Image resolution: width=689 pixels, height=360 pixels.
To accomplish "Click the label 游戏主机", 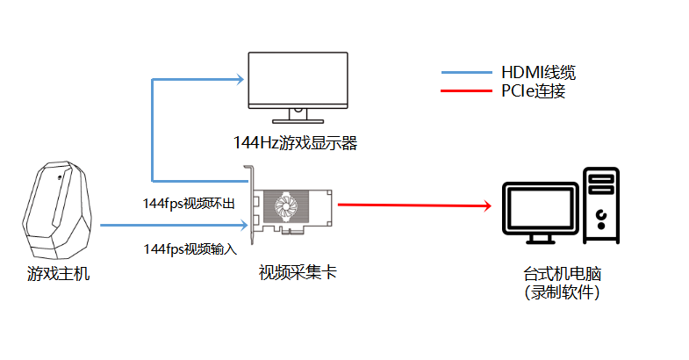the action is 59,273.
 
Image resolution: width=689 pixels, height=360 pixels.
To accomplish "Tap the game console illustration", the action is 57,210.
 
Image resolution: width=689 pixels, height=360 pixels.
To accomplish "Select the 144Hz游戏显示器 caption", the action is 295,143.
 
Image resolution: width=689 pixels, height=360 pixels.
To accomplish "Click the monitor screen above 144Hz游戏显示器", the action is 298,80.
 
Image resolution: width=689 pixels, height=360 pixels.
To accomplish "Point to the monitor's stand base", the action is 298,121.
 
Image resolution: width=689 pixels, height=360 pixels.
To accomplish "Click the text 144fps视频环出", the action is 189,204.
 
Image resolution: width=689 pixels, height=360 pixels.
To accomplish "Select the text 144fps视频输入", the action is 190,249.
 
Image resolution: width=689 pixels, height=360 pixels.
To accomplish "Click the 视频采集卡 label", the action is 298,272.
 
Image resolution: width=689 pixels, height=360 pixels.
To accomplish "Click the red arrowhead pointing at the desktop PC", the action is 487,205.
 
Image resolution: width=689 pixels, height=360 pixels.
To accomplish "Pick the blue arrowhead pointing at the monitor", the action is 240,80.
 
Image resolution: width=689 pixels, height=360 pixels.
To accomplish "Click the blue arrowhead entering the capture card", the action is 244,225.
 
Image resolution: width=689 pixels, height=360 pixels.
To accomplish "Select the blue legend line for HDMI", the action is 467,73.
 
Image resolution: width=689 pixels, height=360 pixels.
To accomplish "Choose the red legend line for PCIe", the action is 467,91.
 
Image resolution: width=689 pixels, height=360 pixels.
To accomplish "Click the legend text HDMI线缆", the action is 538,73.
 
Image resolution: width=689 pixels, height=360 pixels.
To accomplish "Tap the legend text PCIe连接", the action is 534,91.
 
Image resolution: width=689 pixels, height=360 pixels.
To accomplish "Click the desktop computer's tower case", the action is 601,205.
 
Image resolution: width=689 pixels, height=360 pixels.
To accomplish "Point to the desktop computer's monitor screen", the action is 540,209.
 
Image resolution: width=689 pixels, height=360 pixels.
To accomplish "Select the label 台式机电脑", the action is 562,274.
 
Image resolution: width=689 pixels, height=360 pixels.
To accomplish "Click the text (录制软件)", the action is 562,292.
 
